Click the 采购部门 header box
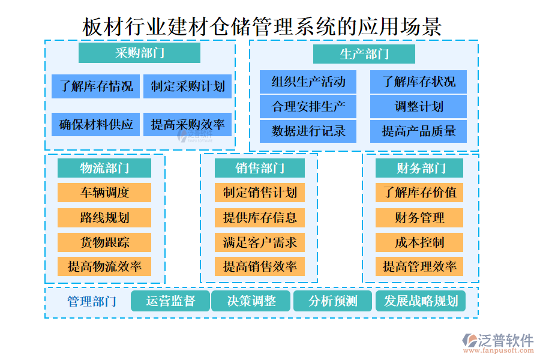[x=140, y=53]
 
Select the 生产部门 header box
[x=364, y=54]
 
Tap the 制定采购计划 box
[x=187, y=86]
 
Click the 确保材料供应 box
[x=96, y=124]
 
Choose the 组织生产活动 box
[x=308, y=82]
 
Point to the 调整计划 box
[x=418, y=106]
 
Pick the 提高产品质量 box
[x=418, y=131]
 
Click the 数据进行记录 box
[x=308, y=131]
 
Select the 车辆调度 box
[x=104, y=193]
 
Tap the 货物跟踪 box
[x=104, y=242]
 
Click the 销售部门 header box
[x=259, y=168]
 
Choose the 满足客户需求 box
[x=259, y=242]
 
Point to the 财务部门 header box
[x=420, y=168]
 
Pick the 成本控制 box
[x=419, y=242]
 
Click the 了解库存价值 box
[x=419, y=193]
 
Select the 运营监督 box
[x=170, y=301]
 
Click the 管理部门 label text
[x=92, y=301]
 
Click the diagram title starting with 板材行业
[x=262, y=26]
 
